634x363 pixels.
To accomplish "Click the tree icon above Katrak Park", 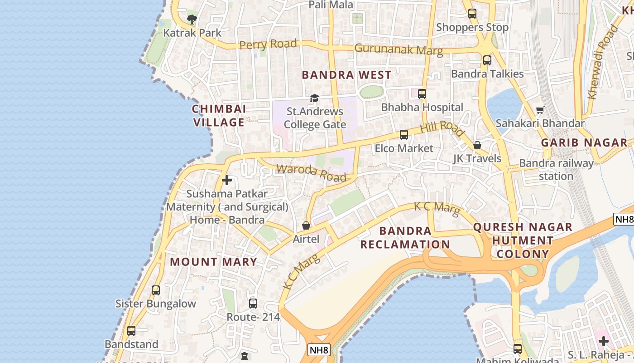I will [192, 19].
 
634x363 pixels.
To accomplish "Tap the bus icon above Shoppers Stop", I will [472, 14].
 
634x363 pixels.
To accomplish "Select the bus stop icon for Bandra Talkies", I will [487, 60].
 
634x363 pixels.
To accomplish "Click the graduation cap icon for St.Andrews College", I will [314, 98].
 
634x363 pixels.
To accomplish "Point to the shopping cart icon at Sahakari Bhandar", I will [540, 110].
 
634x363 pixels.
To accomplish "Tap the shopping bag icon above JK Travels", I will [477, 145].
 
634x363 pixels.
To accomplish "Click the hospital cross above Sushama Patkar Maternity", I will [227, 180].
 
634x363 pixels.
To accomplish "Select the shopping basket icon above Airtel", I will [306, 225].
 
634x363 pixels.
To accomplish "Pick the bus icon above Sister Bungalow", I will [156, 290].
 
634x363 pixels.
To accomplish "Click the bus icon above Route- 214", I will [253, 303].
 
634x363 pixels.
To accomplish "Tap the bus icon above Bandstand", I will [131, 330].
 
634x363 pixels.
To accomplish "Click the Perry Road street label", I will [268, 44].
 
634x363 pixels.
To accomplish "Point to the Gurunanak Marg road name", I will [399, 49].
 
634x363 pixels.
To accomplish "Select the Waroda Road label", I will [311, 172].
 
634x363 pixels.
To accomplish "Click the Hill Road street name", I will [442, 128].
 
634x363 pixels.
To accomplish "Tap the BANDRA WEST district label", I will [346, 75].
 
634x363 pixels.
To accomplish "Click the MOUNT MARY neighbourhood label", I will [213, 262].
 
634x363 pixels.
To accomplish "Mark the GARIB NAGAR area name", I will [584, 142].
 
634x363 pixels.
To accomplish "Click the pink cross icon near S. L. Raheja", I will [603, 341].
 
